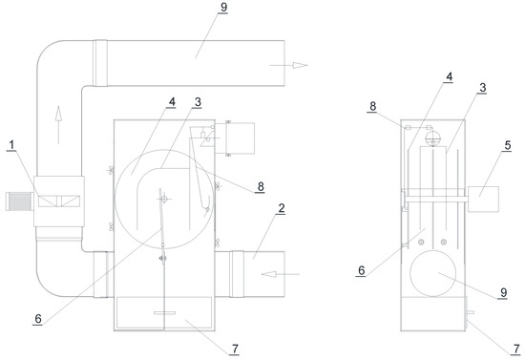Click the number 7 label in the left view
(x=234, y=350)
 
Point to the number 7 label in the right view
(x=515, y=350)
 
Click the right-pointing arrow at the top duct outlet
(x=300, y=65)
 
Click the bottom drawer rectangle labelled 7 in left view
(x=163, y=312)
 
